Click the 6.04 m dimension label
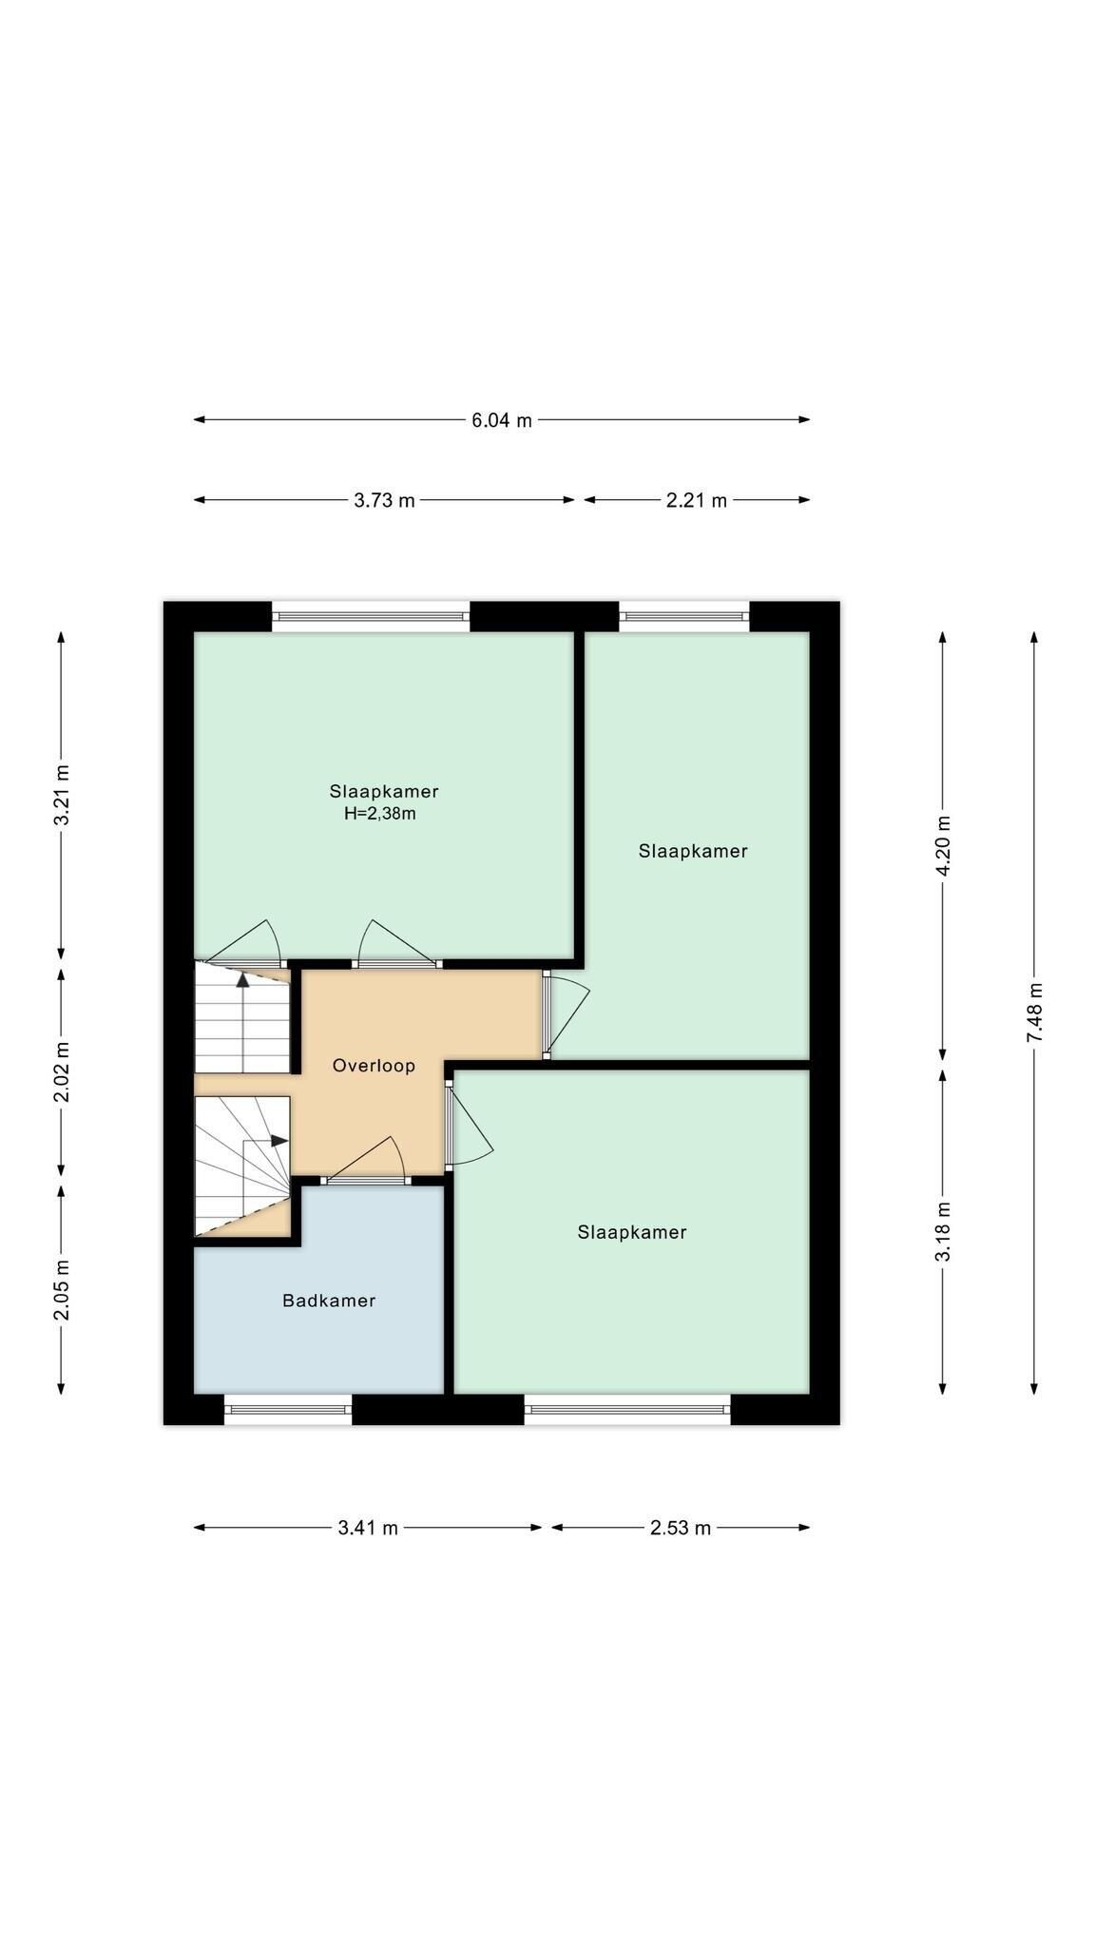[x=502, y=420]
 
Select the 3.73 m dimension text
[x=384, y=500]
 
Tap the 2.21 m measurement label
[x=697, y=500]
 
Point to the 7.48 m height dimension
[x=1034, y=1012]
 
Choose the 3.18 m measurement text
[x=943, y=1232]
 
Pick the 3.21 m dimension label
[x=62, y=796]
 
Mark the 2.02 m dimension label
[x=62, y=1072]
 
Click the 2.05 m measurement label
[x=62, y=1290]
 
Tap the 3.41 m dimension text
[x=368, y=1528]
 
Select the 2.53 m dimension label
[x=681, y=1528]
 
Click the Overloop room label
[x=374, y=1066]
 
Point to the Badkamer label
[x=329, y=1301]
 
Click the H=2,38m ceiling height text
[x=380, y=814]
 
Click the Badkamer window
[x=288, y=1410]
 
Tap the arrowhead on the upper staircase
[x=243, y=980]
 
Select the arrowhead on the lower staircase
[x=279, y=1141]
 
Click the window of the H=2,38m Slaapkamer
[x=372, y=616]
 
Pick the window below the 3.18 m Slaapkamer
[x=627, y=1410]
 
